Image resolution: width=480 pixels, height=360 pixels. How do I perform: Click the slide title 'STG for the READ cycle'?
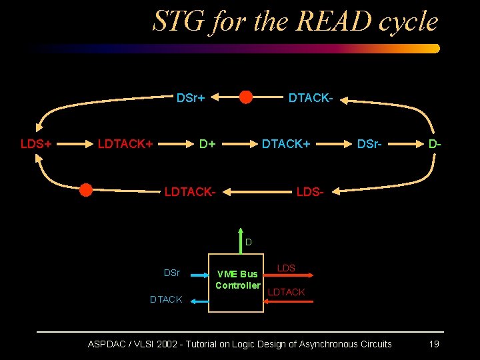pos(295,21)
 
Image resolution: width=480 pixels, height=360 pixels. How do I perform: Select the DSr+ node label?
pos(190,99)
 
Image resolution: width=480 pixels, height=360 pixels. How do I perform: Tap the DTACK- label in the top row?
pos(310,99)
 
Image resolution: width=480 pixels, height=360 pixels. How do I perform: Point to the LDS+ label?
pos(37,143)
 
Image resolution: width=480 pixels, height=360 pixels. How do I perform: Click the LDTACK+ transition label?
pos(125,143)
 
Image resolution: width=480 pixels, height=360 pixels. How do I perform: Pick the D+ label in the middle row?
pos(207,143)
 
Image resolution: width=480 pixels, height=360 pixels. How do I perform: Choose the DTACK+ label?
pos(285,143)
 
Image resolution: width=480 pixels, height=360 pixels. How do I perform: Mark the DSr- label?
pos(369,143)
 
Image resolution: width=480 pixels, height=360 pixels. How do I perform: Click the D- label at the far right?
pos(435,143)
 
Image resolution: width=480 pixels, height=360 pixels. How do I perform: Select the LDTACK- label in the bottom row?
pos(190,192)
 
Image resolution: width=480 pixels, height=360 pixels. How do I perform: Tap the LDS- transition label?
pos(309,192)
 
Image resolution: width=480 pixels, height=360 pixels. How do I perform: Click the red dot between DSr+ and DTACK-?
pos(246,97)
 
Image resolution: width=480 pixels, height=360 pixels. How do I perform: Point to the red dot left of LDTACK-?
pos(85,190)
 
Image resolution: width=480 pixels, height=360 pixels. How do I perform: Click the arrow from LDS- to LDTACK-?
pos(257,192)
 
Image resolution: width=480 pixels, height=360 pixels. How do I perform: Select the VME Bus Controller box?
pos(237,283)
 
